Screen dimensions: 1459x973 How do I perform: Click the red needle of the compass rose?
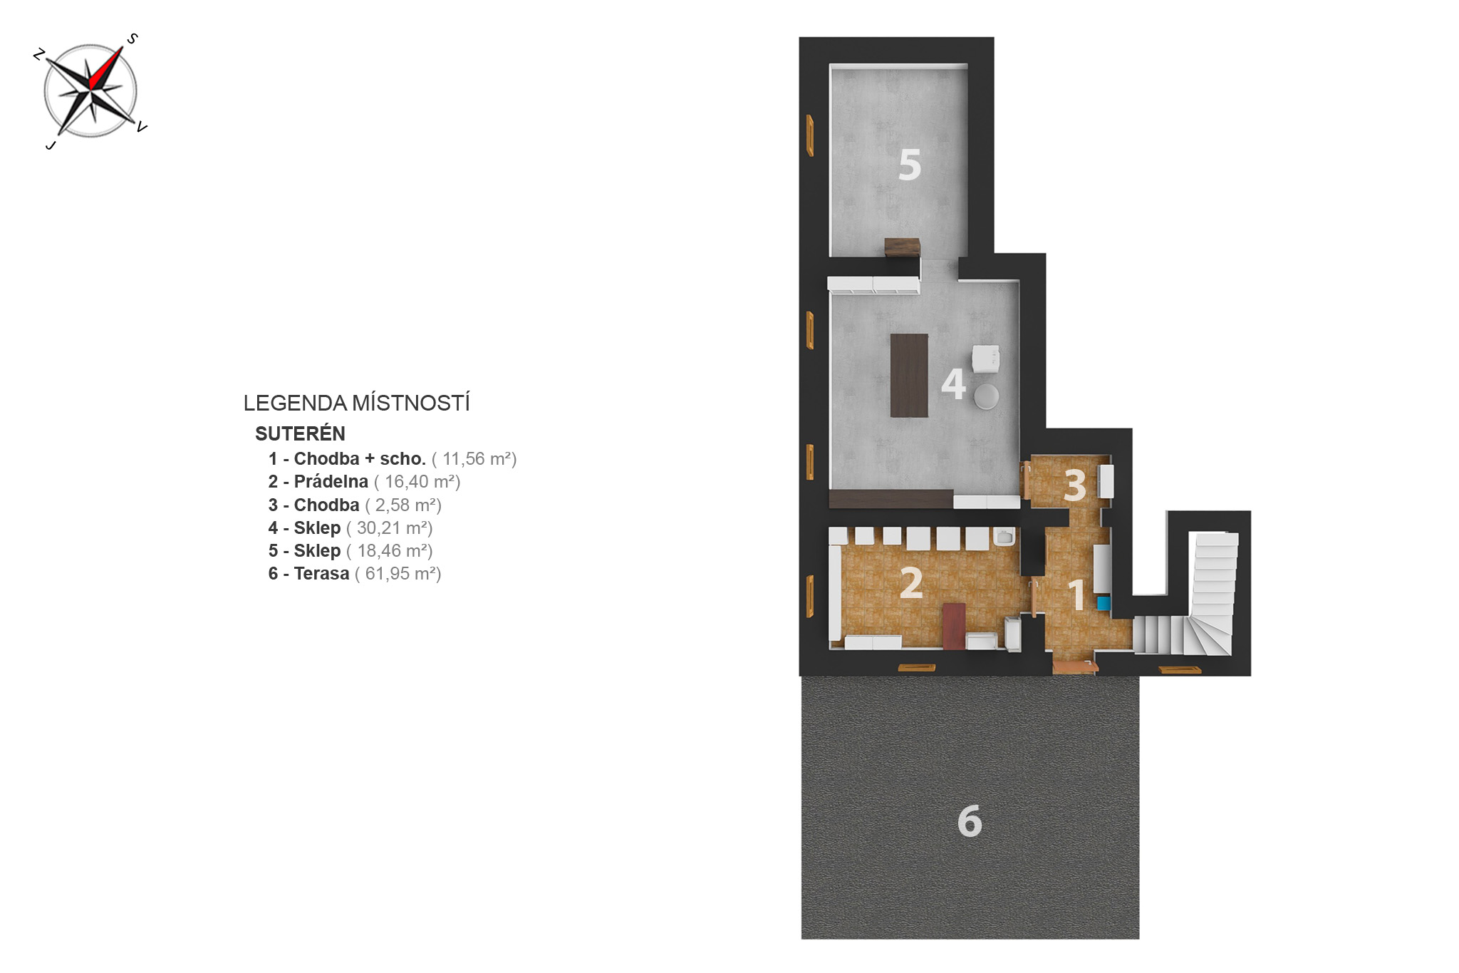[107, 67]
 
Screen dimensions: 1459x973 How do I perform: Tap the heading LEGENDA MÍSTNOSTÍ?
[356, 403]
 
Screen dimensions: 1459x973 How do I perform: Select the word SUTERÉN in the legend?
[300, 433]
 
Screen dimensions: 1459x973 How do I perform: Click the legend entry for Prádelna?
[364, 482]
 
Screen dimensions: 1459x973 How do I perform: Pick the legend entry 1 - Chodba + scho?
[347, 458]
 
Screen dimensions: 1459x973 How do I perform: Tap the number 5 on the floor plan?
[910, 165]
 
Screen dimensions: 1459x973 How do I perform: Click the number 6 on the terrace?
[970, 820]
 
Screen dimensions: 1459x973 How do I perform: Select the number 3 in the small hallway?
[1075, 485]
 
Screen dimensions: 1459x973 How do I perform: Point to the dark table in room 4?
[909, 375]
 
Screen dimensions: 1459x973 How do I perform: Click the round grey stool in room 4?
[987, 396]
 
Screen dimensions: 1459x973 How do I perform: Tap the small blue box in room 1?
[1104, 603]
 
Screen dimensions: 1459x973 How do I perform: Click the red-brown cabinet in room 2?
[954, 627]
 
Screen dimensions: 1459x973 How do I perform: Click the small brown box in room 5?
[902, 247]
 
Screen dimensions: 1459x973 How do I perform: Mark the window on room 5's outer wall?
[810, 135]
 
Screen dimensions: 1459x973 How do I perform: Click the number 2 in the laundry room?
[911, 583]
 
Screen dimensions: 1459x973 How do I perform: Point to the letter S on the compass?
[132, 38]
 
